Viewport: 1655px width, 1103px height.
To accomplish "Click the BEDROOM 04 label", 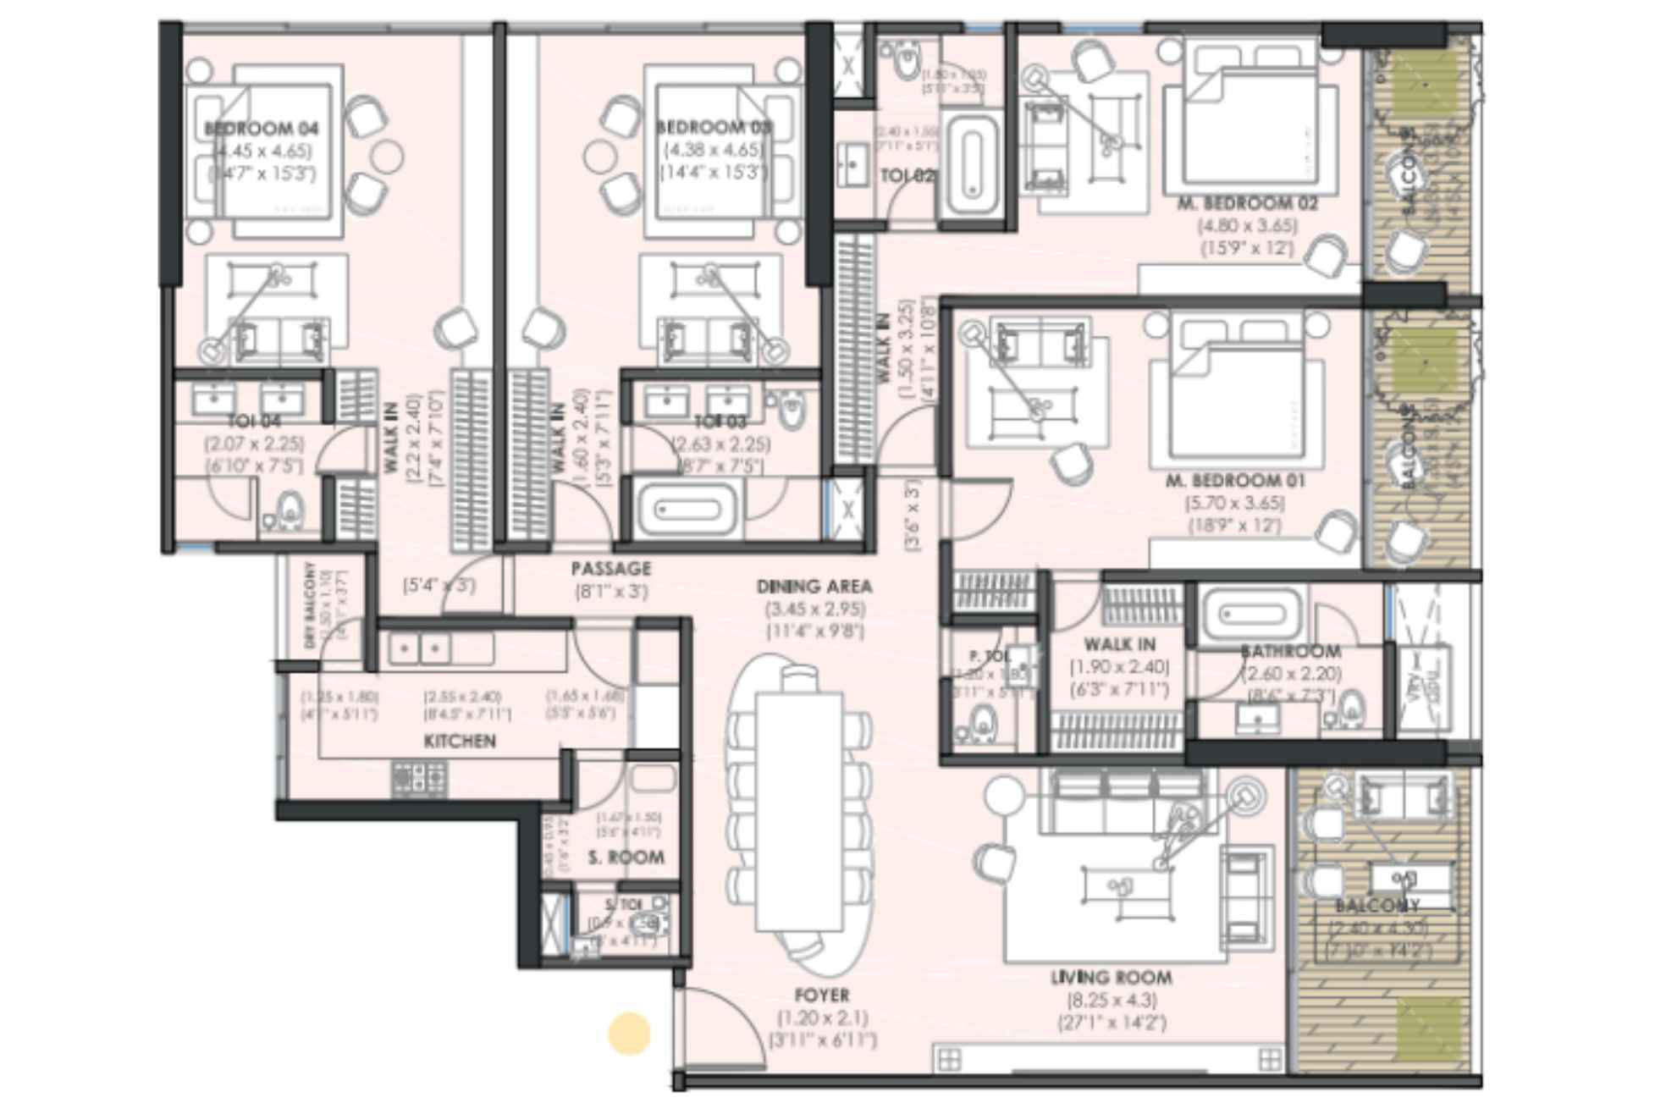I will click(x=262, y=129).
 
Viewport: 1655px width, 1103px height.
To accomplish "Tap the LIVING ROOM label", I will click(x=1111, y=978).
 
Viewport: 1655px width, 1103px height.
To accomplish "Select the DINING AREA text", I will click(x=814, y=586).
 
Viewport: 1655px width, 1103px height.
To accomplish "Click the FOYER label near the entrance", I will click(x=821, y=995).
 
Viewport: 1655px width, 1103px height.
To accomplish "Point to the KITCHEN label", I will click(x=460, y=742).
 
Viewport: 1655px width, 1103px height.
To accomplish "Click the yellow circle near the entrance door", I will click(x=629, y=1034).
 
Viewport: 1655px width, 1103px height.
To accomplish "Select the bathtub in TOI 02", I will click(x=971, y=166).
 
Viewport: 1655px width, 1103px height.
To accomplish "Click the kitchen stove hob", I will click(x=418, y=778).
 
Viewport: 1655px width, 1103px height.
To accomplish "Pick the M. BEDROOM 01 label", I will click(x=1235, y=481).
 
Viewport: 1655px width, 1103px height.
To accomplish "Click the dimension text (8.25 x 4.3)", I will click(x=1111, y=1000).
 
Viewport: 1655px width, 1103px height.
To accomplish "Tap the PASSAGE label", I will click(x=610, y=568).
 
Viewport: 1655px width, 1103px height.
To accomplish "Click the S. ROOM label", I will click(x=626, y=858).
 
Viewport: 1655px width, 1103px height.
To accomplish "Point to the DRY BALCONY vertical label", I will click(x=311, y=604).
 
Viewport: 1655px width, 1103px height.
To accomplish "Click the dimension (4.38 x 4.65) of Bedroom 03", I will click(x=713, y=150).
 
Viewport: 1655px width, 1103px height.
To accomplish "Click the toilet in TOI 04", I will click(x=290, y=510).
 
